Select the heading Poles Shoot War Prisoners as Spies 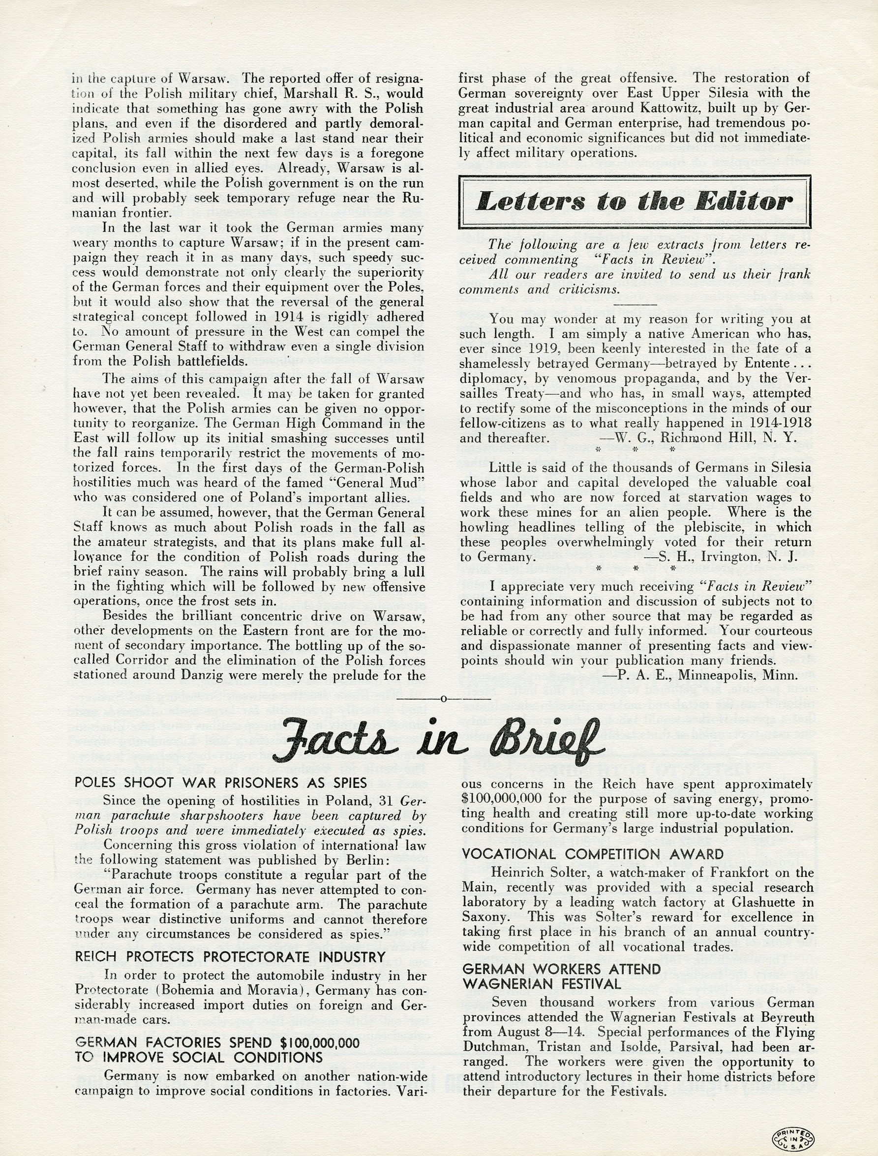tap(221, 782)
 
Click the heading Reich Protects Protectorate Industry tap(230, 957)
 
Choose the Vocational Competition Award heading tap(593, 854)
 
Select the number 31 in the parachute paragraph tap(388, 801)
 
